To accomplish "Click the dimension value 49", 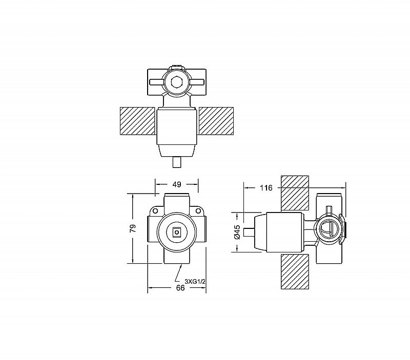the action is [177, 184].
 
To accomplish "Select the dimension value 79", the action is [133, 228].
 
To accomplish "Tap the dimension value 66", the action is [180, 288].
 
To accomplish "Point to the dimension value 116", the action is [266, 187].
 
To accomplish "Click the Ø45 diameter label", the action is [237, 232].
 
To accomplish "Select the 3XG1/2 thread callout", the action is [195, 281].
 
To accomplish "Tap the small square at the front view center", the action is [176, 232].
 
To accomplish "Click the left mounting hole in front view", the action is [155, 210].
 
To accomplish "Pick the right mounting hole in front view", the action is [198, 210].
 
